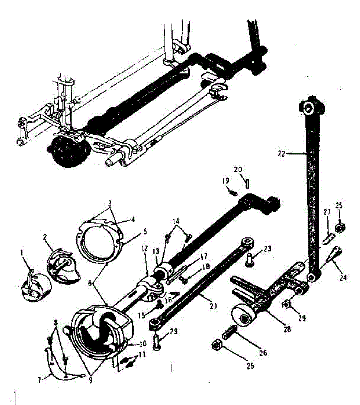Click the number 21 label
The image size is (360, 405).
point(213,306)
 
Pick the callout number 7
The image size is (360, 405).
point(40,380)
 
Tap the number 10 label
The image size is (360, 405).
point(143,344)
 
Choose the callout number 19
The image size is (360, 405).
point(226,181)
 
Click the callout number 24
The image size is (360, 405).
point(343,278)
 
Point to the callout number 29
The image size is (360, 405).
point(302,318)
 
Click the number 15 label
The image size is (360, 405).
point(142,315)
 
